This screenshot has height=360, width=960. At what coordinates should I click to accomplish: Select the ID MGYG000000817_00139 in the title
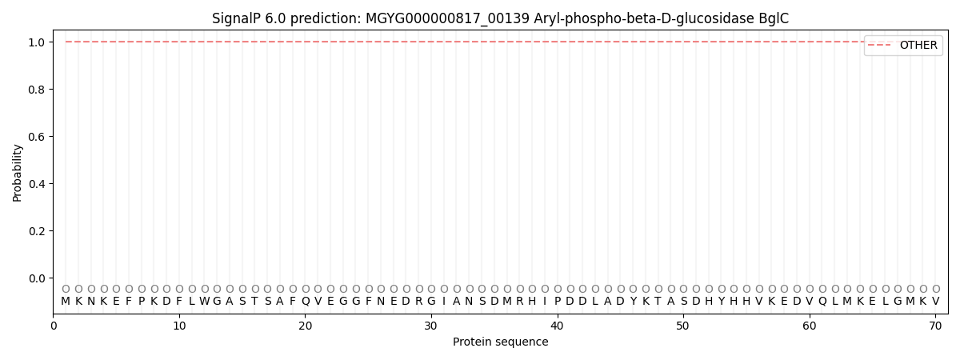pyautogui.click(x=447, y=19)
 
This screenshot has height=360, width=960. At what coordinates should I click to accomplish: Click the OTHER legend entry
pyautogui.click(x=918, y=45)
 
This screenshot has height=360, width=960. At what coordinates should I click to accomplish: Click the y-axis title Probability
pyautogui.click(x=17, y=173)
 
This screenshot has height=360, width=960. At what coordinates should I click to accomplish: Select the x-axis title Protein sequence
pyautogui.click(x=501, y=342)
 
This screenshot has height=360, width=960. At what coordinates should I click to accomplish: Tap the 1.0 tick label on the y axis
pyautogui.click(x=37, y=42)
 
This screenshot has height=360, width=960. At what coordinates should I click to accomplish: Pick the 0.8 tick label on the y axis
pyautogui.click(x=37, y=90)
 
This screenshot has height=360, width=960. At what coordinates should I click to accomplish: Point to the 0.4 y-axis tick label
pyautogui.click(x=37, y=184)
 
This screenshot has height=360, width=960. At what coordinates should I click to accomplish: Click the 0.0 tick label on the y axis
pyautogui.click(x=37, y=278)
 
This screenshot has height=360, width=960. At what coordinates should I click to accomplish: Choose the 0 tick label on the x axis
pyautogui.click(x=53, y=326)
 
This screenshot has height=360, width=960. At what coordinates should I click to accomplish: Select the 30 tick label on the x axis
pyautogui.click(x=431, y=326)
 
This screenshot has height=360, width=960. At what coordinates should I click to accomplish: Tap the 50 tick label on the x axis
pyautogui.click(x=683, y=326)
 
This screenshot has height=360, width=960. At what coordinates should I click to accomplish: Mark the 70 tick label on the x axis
pyautogui.click(x=935, y=326)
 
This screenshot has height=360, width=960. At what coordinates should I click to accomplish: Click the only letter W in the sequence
pyautogui.click(x=205, y=302)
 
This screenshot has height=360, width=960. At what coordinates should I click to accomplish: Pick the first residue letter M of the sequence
pyautogui.click(x=66, y=302)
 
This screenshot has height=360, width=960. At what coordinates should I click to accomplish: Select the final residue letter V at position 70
pyautogui.click(x=936, y=302)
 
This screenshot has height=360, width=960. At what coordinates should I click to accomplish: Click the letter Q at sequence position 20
pyautogui.click(x=306, y=302)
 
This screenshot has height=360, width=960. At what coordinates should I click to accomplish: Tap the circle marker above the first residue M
pyautogui.click(x=66, y=289)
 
